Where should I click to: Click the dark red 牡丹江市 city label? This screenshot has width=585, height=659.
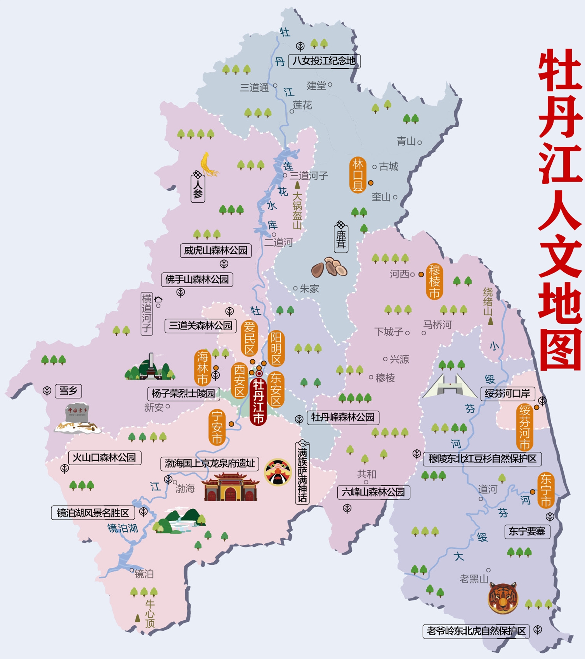click(x=259, y=402)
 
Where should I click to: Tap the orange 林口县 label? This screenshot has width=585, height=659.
click(x=357, y=175)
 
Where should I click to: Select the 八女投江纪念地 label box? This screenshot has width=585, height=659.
click(x=324, y=61)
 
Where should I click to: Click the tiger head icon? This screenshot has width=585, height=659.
click(x=503, y=598)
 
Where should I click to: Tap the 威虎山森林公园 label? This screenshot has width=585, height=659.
click(x=216, y=250)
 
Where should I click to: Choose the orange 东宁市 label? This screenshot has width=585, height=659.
click(x=546, y=490)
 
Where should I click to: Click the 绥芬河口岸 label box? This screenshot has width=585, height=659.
click(x=507, y=394)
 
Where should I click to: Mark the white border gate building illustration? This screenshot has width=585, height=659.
click(x=450, y=386)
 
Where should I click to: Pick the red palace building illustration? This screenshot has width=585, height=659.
click(x=230, y=487)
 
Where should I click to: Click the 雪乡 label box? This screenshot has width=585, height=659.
click(x=68, y=391)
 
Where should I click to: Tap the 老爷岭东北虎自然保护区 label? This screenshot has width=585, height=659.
click(x=476, y=631)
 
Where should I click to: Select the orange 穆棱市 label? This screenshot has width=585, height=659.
click(x=434, y=281)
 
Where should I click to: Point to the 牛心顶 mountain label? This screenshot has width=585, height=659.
click(x=150, y=613)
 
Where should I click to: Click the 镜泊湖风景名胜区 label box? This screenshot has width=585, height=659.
click(x=93, y=513)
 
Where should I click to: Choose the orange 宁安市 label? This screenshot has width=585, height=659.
click(x=217, y=427)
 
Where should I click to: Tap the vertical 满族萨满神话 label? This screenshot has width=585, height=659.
click(x=302, y=474)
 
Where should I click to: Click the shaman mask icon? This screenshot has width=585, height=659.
click(x=278, y=472)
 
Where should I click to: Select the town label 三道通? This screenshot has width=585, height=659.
click(x=255, y=87)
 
